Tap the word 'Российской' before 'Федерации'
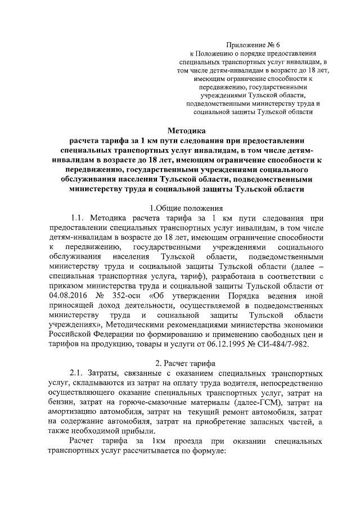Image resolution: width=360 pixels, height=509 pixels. (x=70, y=333)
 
